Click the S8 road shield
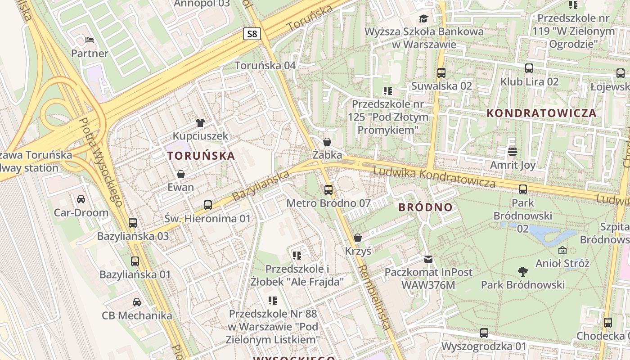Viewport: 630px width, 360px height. click(x=252, y=34)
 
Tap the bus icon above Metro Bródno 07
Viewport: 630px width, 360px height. click(x=328, y=189)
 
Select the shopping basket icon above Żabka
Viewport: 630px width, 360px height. click(x=327, y=141)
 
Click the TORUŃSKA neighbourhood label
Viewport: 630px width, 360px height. click(x=201, y=156)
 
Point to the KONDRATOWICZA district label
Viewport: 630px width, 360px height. click(x=542, y=113)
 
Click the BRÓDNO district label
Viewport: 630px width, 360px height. click(x=425, y=207)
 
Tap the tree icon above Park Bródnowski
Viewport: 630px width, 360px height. click(x=522, y=271)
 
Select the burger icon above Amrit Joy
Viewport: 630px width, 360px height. click(x=513, y=151)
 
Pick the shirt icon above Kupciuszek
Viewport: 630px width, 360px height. click(x=200, y=122)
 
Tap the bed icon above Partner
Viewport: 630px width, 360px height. click(x=90, y=40)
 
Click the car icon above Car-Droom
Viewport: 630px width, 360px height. click(x=81, y=199)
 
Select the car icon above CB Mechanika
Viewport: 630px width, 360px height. click(x=137, y=302)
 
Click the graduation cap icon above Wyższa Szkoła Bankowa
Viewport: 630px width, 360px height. click(x=423, y=18)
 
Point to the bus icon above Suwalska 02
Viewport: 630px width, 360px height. click(x=441, y=72)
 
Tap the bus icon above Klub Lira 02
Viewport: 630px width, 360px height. click(x=529, y=68)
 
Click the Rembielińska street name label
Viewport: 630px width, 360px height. click(x=374, y=297)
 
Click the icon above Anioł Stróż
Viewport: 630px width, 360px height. click(x=562, y=250)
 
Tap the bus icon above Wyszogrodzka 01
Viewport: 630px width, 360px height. click(x=484, y=333)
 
